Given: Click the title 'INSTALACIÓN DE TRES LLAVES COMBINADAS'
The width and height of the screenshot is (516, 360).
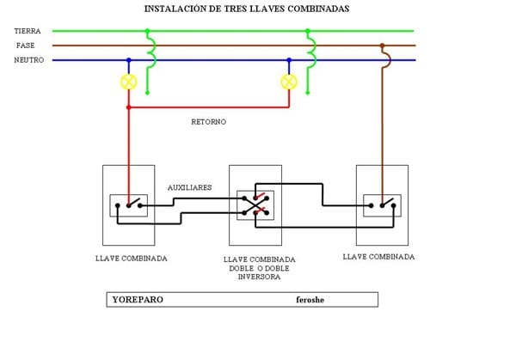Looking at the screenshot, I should pos(247,9).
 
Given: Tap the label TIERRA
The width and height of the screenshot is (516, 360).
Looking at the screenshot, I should pos(28,31).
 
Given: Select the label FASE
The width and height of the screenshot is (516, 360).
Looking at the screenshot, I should pos(25,46).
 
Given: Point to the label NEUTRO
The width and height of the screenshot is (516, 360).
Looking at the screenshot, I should pos(29,60).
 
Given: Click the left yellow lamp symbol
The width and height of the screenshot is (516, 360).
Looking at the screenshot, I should pos(129,83).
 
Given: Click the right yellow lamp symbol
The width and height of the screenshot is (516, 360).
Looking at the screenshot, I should pos(288,83).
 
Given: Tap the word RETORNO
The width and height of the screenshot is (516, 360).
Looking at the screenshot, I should pos(208,122).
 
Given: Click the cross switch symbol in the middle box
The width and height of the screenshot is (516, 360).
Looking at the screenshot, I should pos(255,204).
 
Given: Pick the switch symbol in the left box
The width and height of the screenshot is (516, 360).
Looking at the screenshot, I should pos(129,205).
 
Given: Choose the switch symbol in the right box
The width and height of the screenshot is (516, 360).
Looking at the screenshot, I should pos(382,205).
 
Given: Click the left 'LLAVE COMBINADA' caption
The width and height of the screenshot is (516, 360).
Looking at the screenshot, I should pos(132,258).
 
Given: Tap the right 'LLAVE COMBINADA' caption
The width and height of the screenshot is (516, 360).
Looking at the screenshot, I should pos(378,257).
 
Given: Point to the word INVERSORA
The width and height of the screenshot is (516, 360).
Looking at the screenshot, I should pos(259,277).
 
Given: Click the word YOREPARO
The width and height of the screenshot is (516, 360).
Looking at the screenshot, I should pos(138,301).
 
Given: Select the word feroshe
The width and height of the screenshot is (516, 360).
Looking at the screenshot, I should pos(310,301).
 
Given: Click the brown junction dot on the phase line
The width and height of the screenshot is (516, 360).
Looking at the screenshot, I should pos(382,46).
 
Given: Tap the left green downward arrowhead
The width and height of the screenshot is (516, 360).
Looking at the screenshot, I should pos(148,92).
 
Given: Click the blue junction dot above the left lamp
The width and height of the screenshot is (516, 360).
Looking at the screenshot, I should pos(129,60).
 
